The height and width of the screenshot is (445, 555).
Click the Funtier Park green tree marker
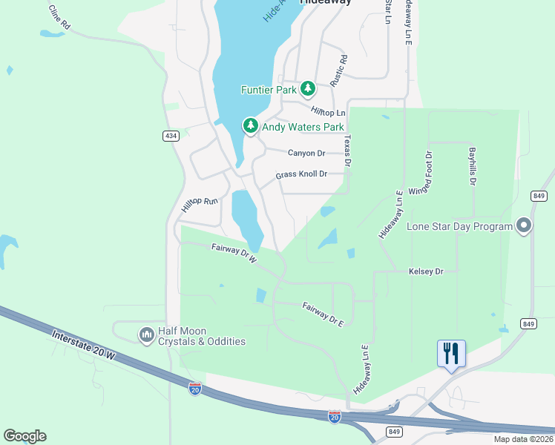(308, 90)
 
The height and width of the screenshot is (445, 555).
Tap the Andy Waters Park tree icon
(251, 127)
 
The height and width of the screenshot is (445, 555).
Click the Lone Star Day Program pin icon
(525, 226)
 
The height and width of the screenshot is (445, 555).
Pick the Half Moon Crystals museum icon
(145, 336)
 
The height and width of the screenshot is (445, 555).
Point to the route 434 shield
(171, 136)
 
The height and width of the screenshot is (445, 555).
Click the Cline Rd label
(59, 16)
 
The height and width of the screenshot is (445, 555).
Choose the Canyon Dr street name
(306, 153)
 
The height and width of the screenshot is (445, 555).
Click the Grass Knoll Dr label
(301, 174)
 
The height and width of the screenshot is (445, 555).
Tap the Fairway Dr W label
(233, 254)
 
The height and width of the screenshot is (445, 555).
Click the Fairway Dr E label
(324, 314)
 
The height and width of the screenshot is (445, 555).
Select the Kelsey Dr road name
(426, 271)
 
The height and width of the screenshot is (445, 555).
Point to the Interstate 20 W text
(84, 347)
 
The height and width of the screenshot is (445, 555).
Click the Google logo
(24, 436)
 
